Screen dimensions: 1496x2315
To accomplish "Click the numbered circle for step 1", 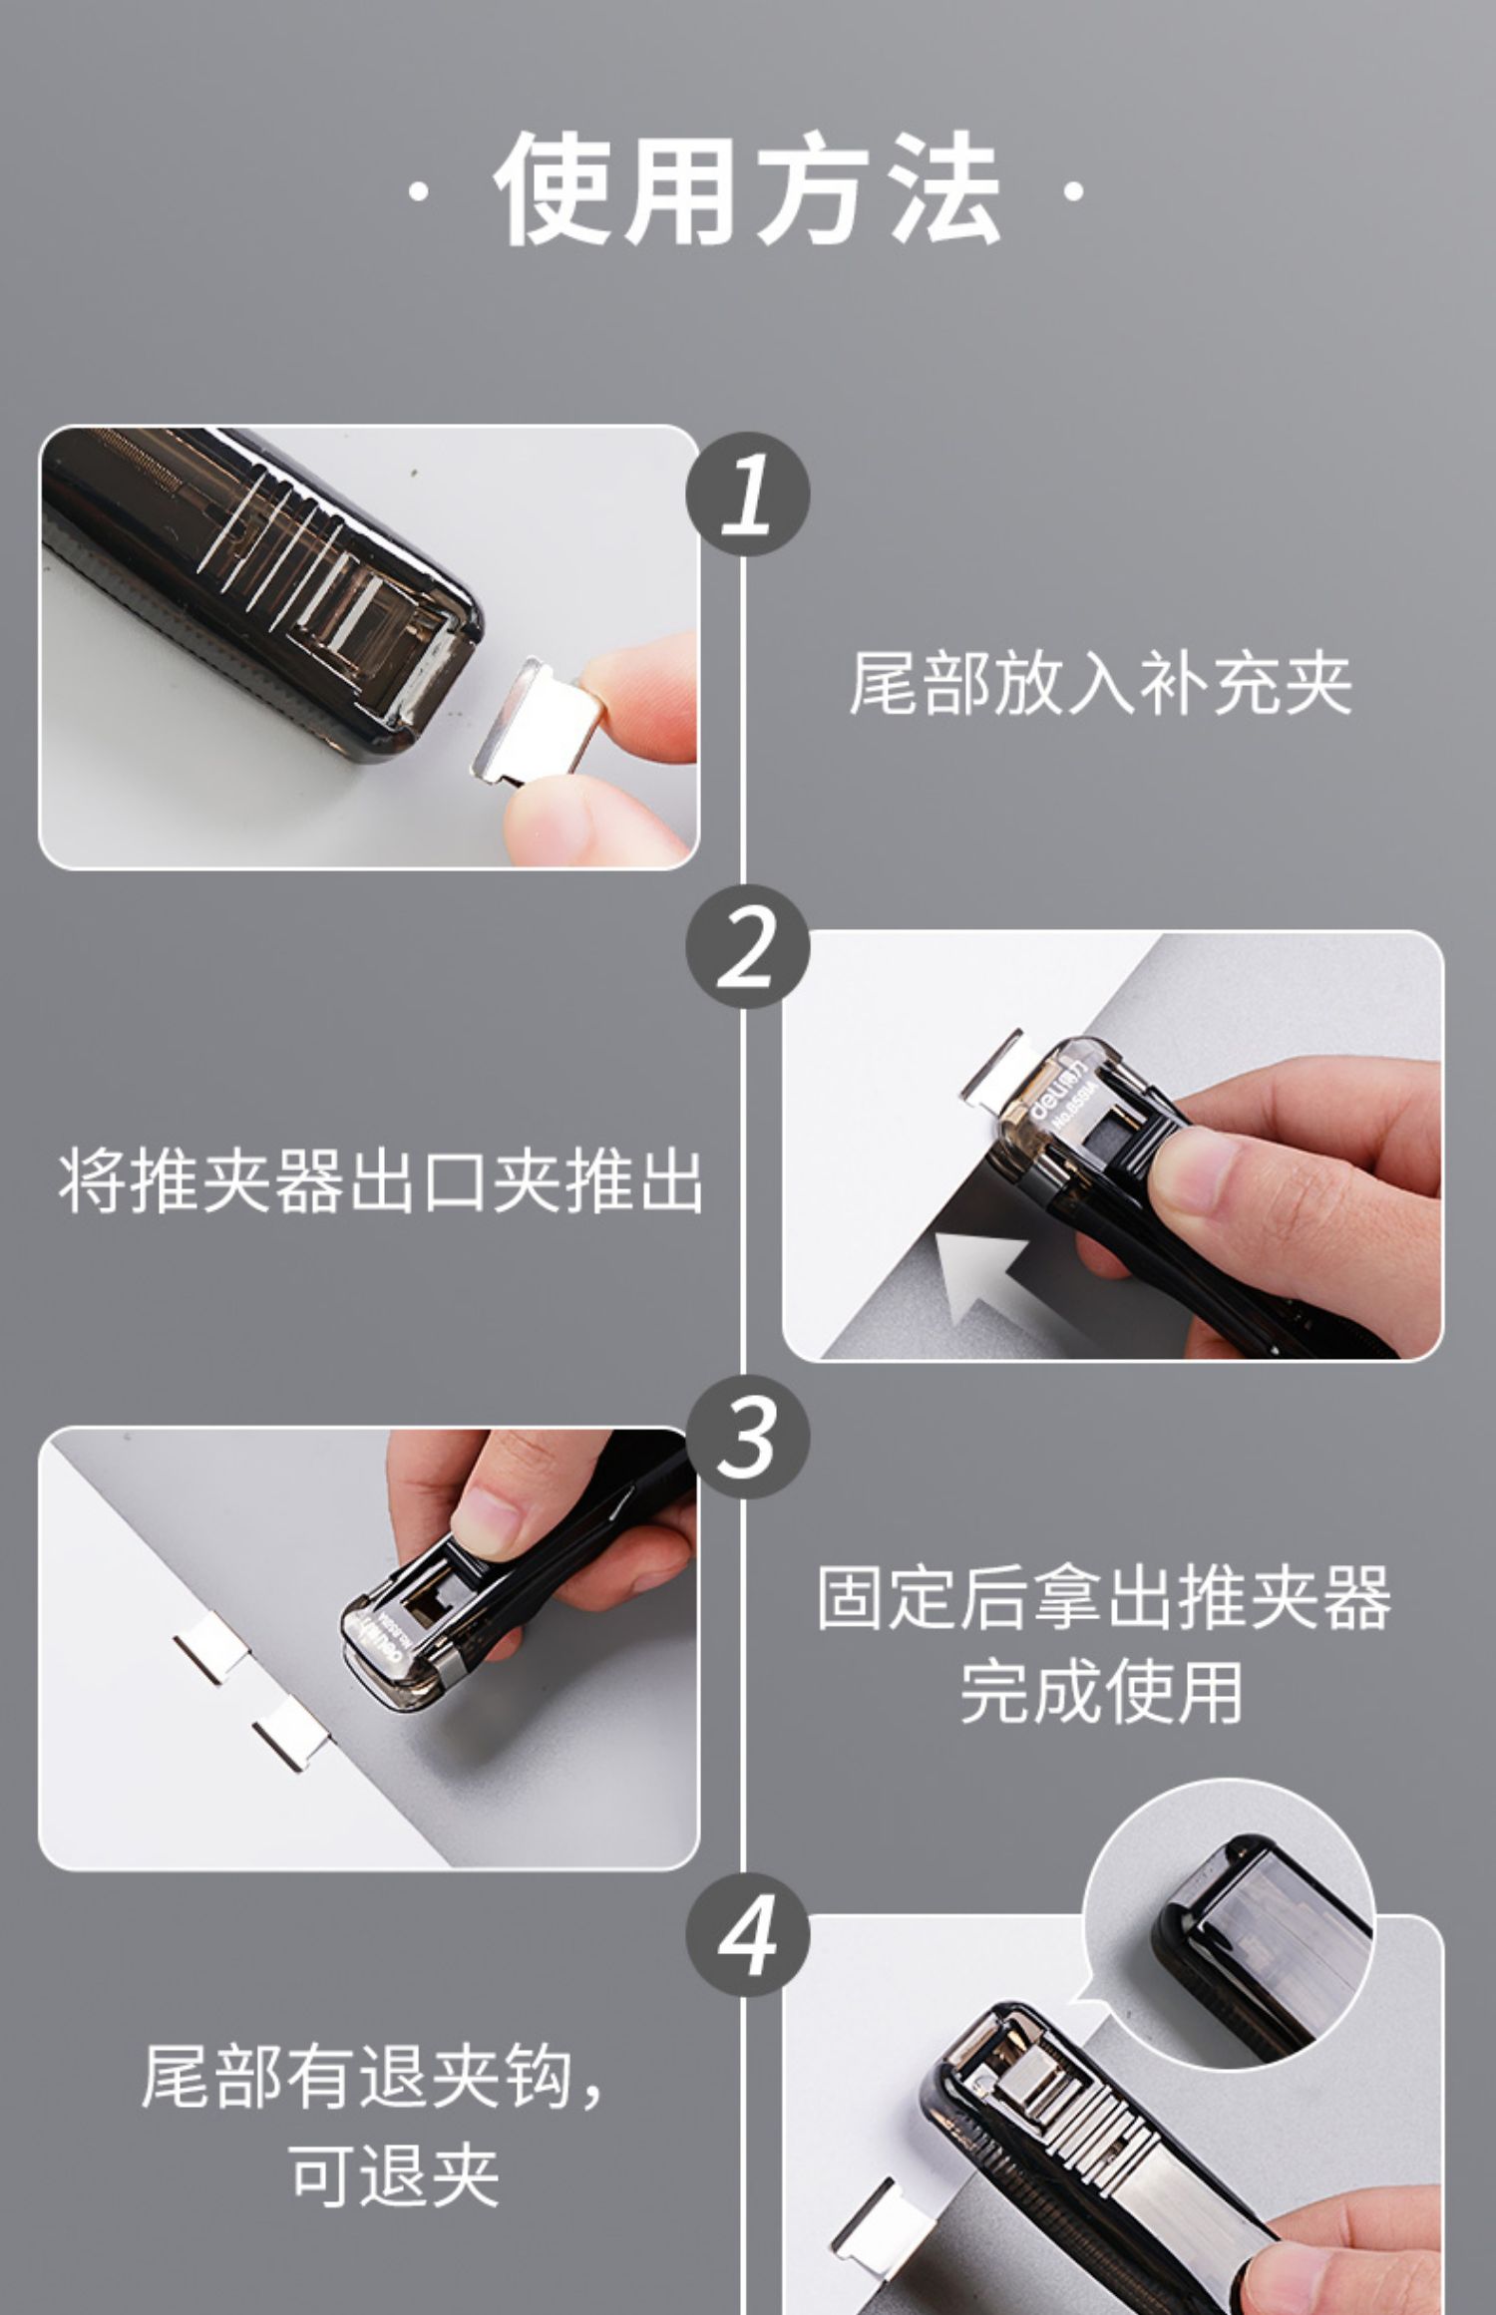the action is click(747, 495).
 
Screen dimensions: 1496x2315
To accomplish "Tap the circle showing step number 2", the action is click(747, 946).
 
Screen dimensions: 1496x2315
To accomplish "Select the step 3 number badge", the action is click(747, 1437).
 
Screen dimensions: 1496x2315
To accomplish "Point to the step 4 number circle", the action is click(747, 1935).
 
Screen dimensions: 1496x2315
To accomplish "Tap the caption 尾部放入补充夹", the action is click(1100, 684).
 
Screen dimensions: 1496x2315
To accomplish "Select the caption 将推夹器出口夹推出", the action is click(380, 1182).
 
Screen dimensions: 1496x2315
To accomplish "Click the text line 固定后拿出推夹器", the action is click(1103, 1598).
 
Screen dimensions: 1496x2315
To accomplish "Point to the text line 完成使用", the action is click(1101, 1692).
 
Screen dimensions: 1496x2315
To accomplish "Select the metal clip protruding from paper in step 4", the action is click(872, 2207).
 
